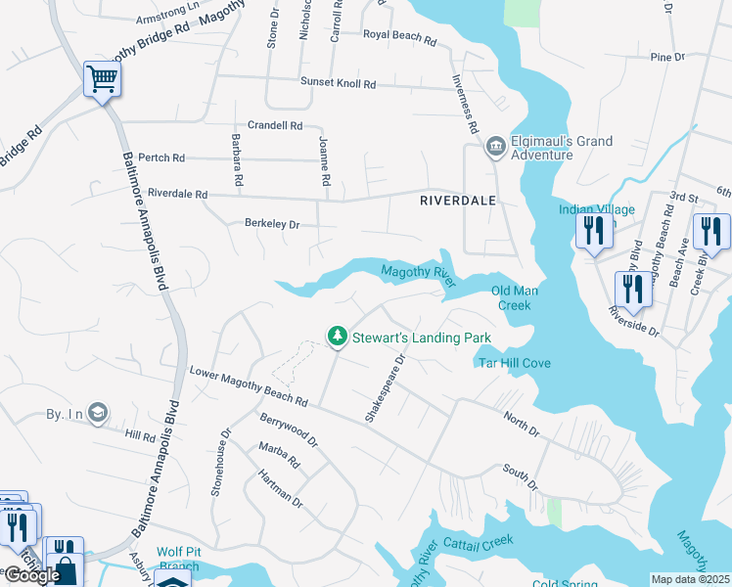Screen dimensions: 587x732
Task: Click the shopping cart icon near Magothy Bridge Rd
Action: coord(101,79)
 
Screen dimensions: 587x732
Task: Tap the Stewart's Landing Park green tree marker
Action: coord(338,337)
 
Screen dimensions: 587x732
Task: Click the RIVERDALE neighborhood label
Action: coord(457,200)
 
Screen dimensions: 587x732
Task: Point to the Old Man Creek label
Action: coord(515,297)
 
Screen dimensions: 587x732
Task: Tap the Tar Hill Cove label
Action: coord(514,363)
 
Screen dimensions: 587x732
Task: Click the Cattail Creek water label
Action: coord(478,541)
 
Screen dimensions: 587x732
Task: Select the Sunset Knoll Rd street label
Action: coord(338,84)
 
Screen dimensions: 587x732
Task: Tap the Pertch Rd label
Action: coord(161,158)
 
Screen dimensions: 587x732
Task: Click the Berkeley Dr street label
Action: coord(271,224)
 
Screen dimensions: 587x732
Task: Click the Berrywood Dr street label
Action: coord(289,430)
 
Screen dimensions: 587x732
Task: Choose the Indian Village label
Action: coord(597,209)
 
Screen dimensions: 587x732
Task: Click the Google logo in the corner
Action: coord(32,575)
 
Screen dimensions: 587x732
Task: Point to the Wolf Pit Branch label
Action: coord(178,560)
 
